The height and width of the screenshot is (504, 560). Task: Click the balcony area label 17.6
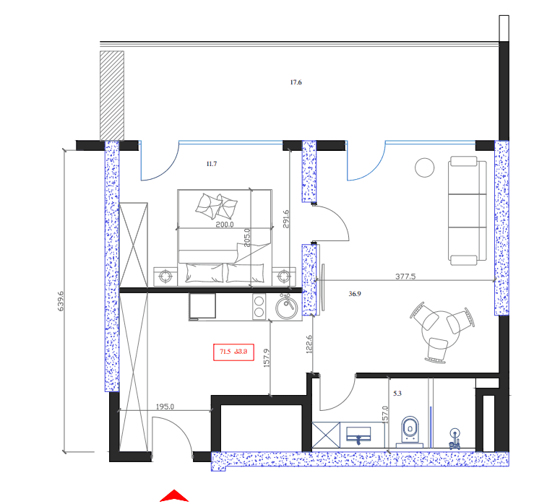point(296,83)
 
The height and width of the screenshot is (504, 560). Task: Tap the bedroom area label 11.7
point(212,165)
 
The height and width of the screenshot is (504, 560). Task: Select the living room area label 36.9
point(355,294)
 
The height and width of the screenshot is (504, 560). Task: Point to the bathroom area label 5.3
point(397,394)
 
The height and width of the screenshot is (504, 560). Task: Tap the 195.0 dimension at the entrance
point(166,407)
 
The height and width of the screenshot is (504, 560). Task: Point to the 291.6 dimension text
point(285,219)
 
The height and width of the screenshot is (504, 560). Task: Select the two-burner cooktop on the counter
point(259,307)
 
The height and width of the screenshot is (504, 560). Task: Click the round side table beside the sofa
point(424,168)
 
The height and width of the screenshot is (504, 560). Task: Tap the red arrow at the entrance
point(174,496)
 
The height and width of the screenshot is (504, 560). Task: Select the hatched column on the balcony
point(112,94)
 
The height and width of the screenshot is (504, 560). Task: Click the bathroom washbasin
point(359,434)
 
